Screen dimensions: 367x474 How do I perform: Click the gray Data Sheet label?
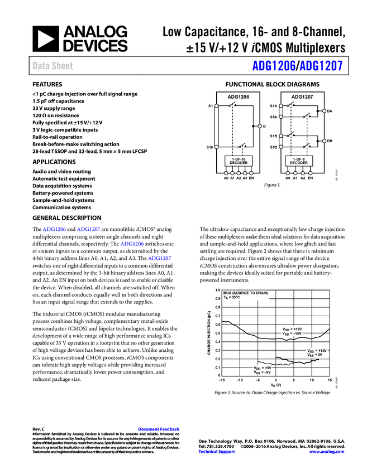coord(53,66)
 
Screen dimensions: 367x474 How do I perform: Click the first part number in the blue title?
coord(273,66)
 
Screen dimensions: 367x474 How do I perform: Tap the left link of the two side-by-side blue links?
coord(54,230)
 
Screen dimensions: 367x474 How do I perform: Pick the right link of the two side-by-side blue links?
coord(89,230)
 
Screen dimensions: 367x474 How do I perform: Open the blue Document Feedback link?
coord(159,429)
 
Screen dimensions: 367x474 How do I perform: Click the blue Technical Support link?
coord(217,452)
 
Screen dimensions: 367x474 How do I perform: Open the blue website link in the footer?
coord(327,452)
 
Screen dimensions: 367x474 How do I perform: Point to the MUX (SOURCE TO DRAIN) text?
coord(246,293)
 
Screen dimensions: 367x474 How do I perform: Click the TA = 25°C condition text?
coord(232,298)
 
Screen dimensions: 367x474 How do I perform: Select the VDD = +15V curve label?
coord(292,329)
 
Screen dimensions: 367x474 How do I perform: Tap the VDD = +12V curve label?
coord(317,350)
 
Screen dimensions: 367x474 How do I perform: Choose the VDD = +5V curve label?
coord(262,367)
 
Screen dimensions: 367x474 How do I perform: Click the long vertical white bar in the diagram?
coord(216,126)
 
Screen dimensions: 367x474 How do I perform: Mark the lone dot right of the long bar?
coord(260,126)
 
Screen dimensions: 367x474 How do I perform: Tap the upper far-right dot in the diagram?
coord(324,111)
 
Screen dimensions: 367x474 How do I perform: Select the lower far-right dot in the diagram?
coord(324,141)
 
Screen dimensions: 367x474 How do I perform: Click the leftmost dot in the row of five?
coord(226,173)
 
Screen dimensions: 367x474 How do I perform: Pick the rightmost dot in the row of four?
coord(310,173)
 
